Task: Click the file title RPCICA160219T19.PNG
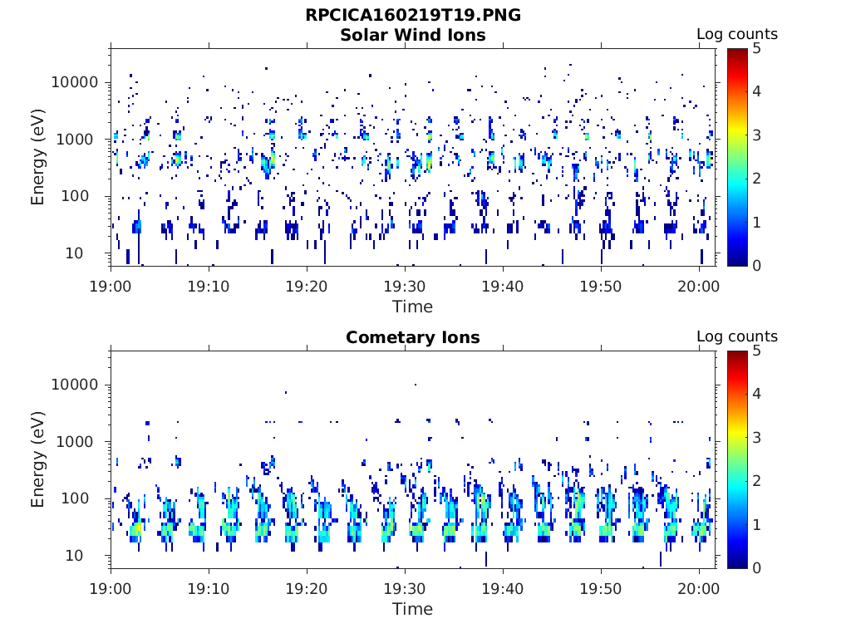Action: [x=413, y=15]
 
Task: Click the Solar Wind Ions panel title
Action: [x=413, y=35]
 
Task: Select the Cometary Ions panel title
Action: [x=413, y=337]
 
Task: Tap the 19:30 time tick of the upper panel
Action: [x=405, y=286]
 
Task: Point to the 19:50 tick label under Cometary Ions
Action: [x=601, y=589]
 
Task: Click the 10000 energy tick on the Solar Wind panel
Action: [x=75, y=82]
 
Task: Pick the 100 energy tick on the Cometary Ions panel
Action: [x=75, y=498]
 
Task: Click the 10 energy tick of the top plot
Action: [x=74, y=253]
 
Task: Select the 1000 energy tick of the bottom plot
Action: [x=75, y=442]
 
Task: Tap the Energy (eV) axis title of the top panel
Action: [x=37, y=157]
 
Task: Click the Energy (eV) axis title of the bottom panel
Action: [x=37, y=459]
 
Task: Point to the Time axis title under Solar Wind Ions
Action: [x=413, y=307]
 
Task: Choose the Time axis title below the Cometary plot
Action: [x=413, y=609]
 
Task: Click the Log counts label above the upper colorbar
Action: [x=737, y=34]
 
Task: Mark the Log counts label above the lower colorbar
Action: [x=737, y=336]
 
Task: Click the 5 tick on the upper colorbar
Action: [x=756, y=49]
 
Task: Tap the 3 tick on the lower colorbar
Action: [x=756, y=437]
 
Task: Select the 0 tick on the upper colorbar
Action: [x=756, y=266]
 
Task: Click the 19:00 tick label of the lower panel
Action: [x=111, y=589]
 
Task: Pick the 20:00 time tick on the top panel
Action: [x=699, y=286]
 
